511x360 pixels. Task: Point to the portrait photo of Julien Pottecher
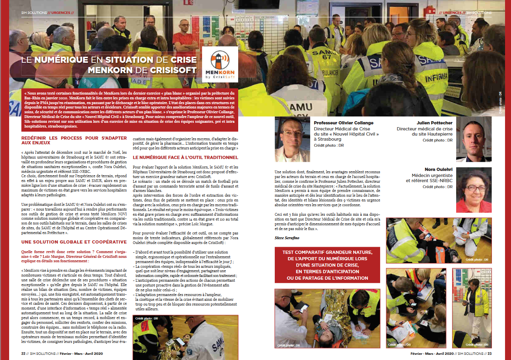474,139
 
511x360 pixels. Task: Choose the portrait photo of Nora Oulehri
474,190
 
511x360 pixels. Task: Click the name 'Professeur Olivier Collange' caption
344,123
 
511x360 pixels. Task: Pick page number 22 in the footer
23,353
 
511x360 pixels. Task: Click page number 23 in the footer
490,353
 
